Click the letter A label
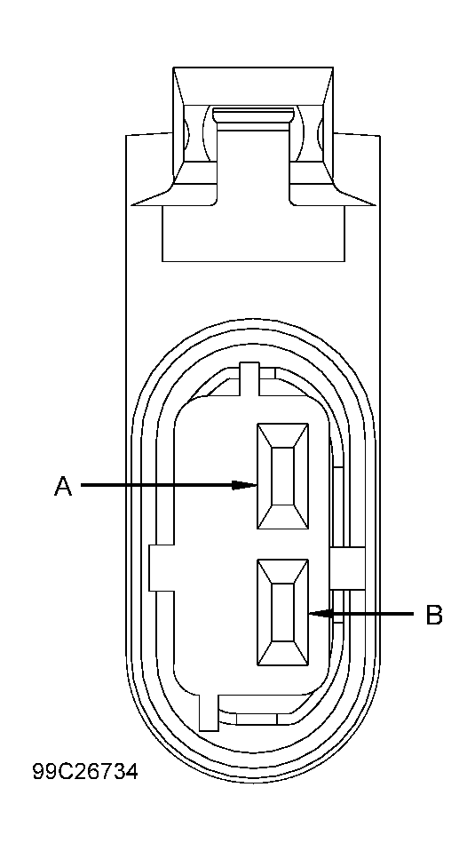coord(63,486)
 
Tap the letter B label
coord(434,615)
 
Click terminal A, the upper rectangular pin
coord(282,476)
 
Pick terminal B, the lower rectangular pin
coord(282,612)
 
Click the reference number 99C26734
coord(85,772)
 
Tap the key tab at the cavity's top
coord(250,377)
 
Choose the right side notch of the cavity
coord(348,567)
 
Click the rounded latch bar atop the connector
coord(253,115)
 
